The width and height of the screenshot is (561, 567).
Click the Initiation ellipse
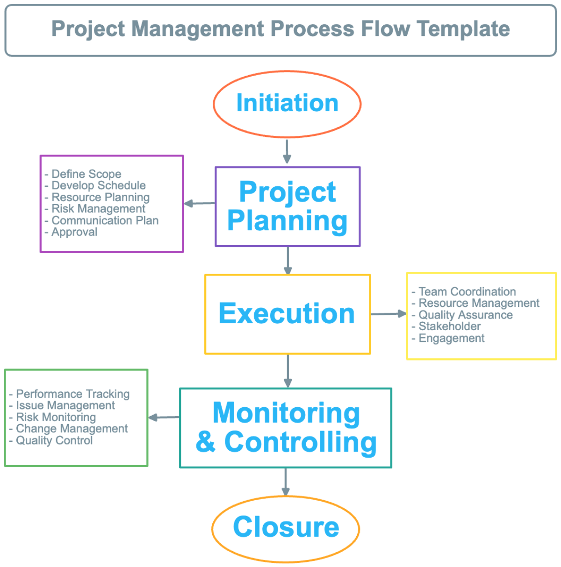287,104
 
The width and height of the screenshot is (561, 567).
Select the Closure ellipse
286,528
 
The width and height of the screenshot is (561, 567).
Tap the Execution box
288,314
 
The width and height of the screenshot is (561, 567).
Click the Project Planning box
288,206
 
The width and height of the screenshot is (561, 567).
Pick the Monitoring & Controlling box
286,428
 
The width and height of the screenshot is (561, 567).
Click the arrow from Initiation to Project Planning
287,151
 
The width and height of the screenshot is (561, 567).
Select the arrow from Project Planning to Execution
288,260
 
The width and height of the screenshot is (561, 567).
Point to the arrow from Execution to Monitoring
288,371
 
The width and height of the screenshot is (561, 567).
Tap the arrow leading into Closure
286,482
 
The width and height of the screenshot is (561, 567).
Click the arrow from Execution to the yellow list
388,314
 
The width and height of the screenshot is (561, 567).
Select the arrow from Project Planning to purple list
200,203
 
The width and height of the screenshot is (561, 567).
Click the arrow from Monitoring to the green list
164,417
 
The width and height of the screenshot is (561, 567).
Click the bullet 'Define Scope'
86,174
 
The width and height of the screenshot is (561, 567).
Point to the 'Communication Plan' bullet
105,220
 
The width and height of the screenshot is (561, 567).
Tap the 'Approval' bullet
74,232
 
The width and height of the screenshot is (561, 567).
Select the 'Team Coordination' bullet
467,292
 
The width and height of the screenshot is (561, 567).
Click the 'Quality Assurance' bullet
465,315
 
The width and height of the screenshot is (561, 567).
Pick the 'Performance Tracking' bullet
72,394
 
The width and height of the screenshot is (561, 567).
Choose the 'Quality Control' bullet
54,440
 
